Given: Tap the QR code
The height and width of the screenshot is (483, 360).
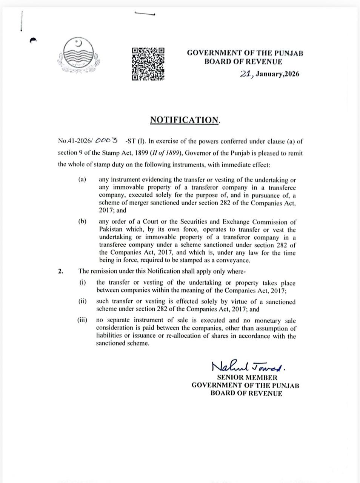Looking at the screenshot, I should pyautogui.click(x=148, y=64).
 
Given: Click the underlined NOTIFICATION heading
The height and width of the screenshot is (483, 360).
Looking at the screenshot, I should pyautogui.click(x=185, y=120).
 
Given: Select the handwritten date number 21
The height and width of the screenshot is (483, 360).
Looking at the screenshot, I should pyautogui.click(x=246, y=74).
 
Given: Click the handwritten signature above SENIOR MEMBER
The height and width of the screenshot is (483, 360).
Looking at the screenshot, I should pyautogui.click(x=248, y=366).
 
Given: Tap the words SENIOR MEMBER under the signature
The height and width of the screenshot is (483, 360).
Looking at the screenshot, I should pyautogui.click(x=247, y=377).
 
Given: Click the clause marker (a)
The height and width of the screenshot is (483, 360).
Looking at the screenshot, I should pyautogui.click(x=82, y=180).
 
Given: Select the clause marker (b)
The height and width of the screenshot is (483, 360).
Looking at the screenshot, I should pyautogui.click(x=82, y=222).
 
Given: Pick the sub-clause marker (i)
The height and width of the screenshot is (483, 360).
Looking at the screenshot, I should pyautogui.click(x=83, y=282).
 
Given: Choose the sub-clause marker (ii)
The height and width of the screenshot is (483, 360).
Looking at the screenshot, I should pyautogui.click(x=83, y=301).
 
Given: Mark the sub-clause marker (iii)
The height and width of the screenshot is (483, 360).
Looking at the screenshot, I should pyautogui.click(x=82, y=320).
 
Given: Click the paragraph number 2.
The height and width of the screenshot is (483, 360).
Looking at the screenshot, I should pyautogui.click(x=60, y=271).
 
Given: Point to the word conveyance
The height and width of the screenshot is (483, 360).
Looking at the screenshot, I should pyautogui.click(x=233, y=260).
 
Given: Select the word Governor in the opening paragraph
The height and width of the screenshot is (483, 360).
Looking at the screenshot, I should pyautogui.click(x=197, y=153).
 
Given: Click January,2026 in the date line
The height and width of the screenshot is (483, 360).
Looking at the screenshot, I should pyautogui.click(x=277, y=74).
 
